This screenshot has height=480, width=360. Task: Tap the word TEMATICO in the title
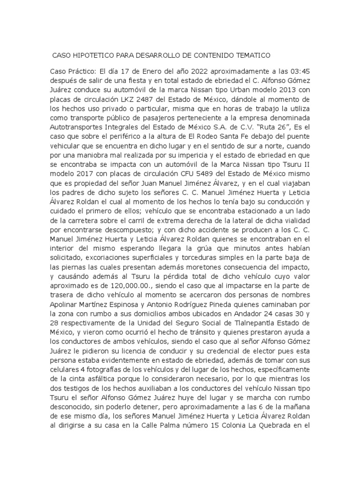pos(251,55)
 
